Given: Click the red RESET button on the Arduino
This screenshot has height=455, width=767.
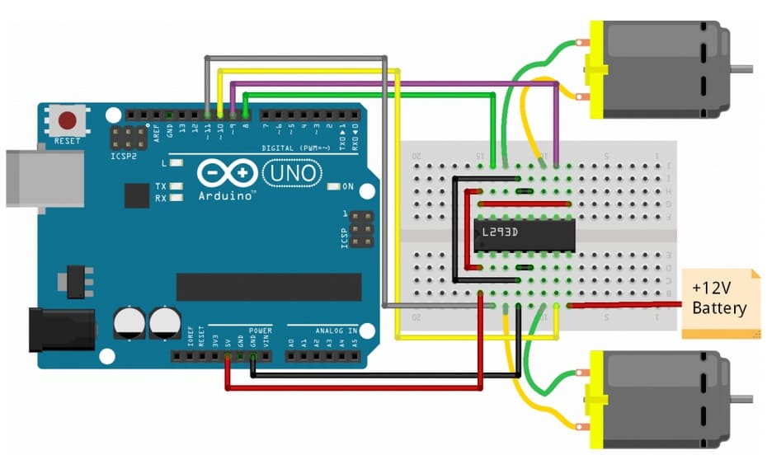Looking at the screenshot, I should tap(67, 122).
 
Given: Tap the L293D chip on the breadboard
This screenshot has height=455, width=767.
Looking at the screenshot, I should tap(524, 237).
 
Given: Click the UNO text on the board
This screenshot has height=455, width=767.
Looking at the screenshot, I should tap(291, 173).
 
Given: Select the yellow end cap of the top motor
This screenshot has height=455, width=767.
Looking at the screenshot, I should tap(593, 79).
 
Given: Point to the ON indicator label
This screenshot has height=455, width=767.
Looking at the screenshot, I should tap(348, 186).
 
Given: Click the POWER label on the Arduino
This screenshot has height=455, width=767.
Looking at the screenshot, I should tap(260, 329).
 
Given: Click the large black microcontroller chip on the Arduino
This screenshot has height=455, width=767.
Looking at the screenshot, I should tap(268, 287).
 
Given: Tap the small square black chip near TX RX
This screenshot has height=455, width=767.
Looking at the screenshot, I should tap(137, 195).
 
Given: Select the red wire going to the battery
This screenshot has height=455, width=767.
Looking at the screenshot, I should tap(627, 305).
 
